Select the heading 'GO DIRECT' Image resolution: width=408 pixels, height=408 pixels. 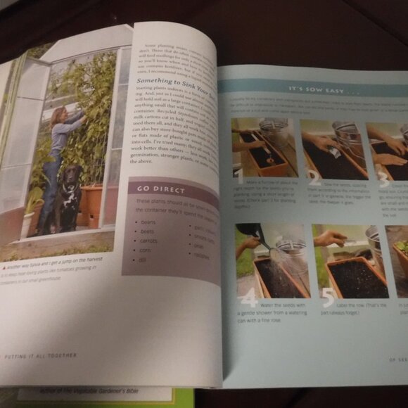pyautogui.click(x=161, y=189)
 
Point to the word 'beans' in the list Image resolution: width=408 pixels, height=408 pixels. pyautogui.click(x=147, y=221)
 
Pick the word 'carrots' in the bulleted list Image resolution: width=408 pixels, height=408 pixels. pyautogui.click(x=149, y=239)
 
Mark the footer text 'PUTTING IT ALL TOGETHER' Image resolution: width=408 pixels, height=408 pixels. pyautogui.click(x=42, y=356)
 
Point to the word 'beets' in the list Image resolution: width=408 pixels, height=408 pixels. pyautogui.click(x=148, y=230)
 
